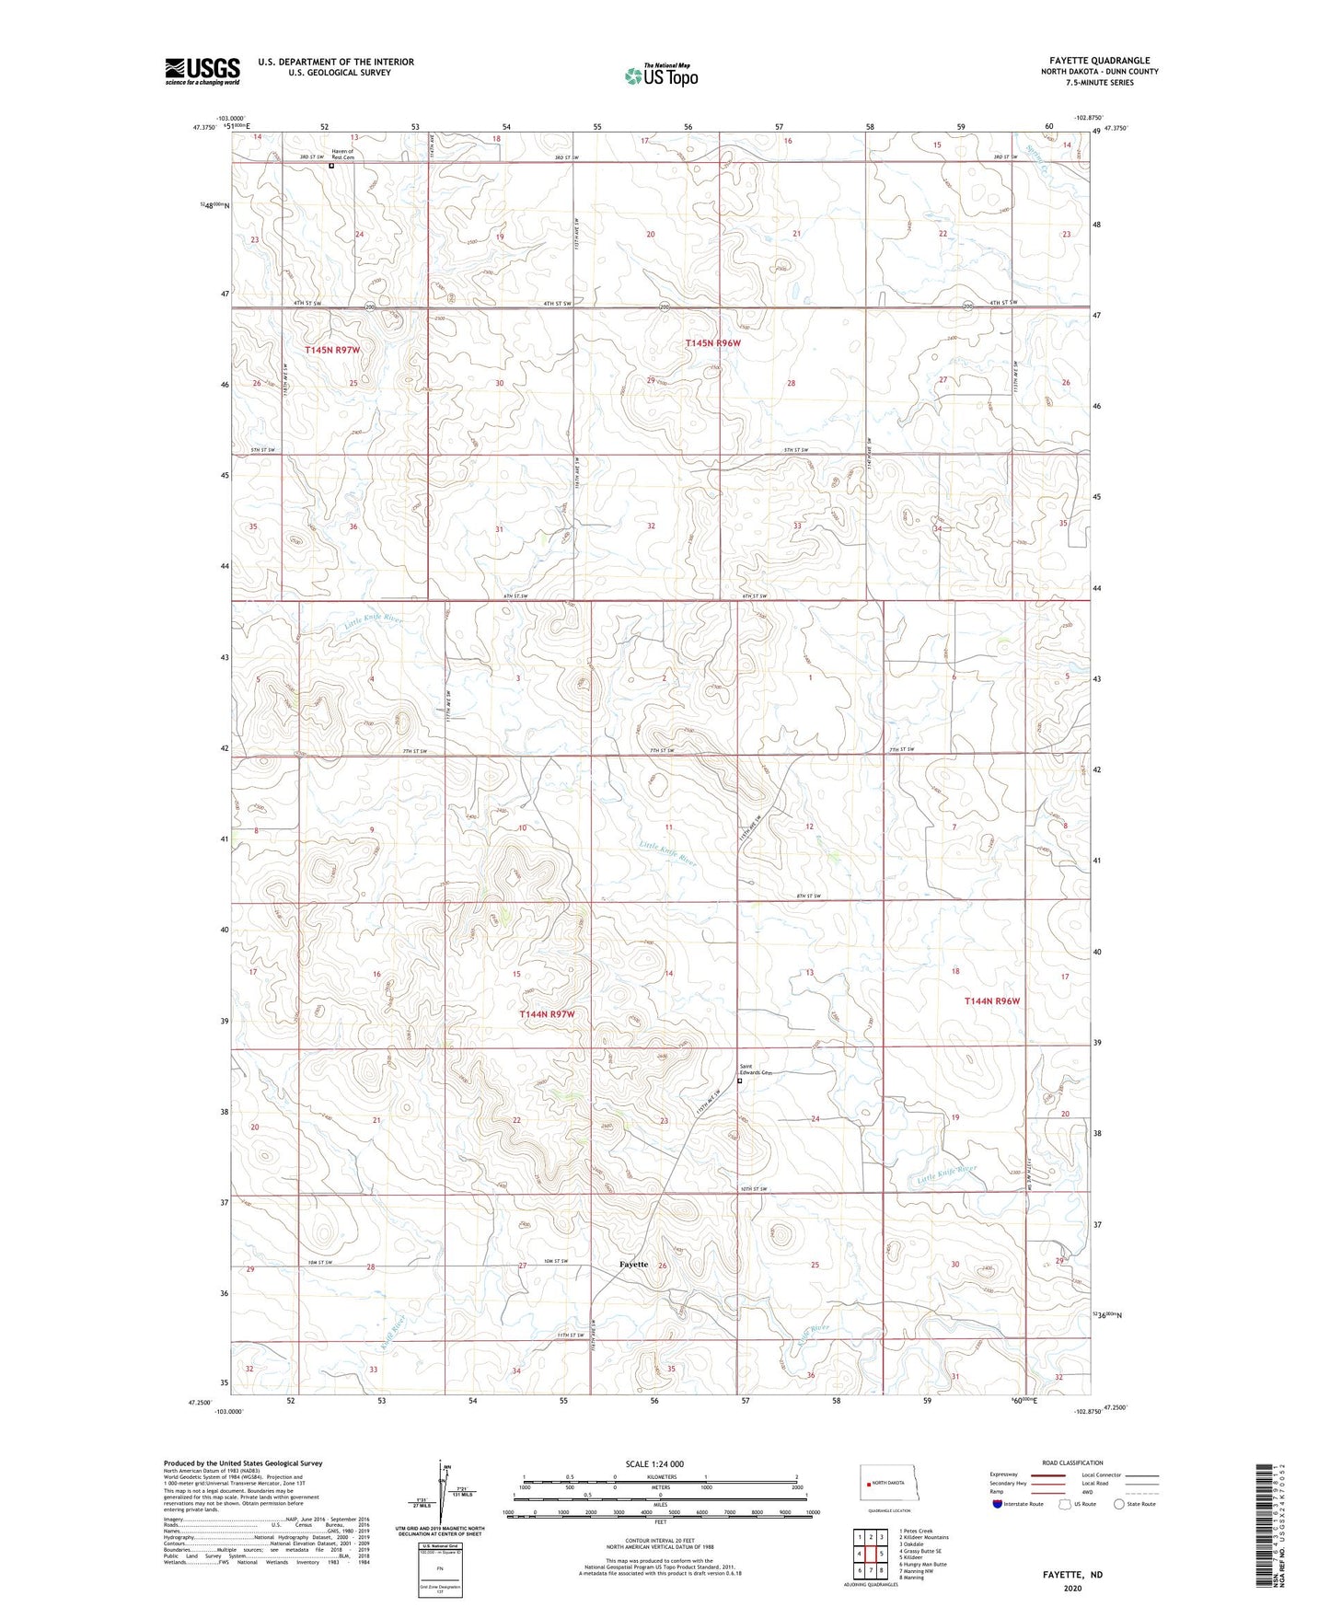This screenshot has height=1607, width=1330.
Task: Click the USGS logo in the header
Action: pos(202,70)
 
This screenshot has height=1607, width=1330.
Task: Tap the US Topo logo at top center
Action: pos(660,75)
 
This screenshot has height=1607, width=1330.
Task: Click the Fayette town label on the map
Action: pos(633,1264)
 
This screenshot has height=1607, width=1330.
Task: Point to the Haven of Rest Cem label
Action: pos(342,155)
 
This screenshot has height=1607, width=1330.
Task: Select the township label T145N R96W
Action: pos(712,342)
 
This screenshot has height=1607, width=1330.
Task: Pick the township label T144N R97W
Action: pos(547,1013)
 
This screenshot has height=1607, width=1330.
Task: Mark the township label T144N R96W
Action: pos(992,1000)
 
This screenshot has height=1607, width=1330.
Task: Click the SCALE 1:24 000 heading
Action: pos(654,1463)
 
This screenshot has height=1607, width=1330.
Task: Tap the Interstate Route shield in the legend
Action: pos(999,1504)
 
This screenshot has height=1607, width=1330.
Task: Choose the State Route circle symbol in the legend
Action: pos(1119,1504)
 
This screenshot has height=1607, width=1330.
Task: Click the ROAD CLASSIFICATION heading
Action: pos(1072,1462)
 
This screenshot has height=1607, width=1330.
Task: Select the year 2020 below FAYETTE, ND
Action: pos(1072,1588)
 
